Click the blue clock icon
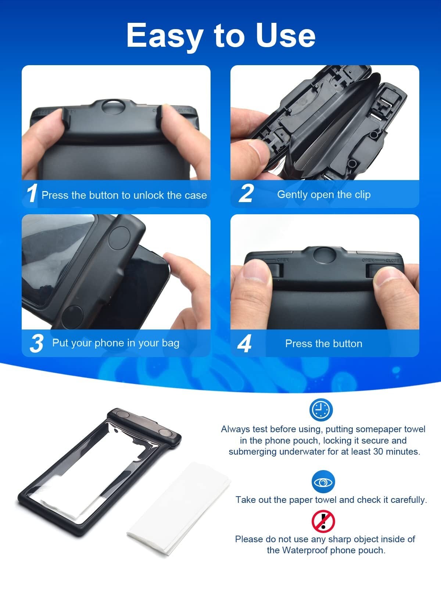click(321, 410)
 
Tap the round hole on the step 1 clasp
click(113, 107)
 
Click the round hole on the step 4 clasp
click(324, 255)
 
